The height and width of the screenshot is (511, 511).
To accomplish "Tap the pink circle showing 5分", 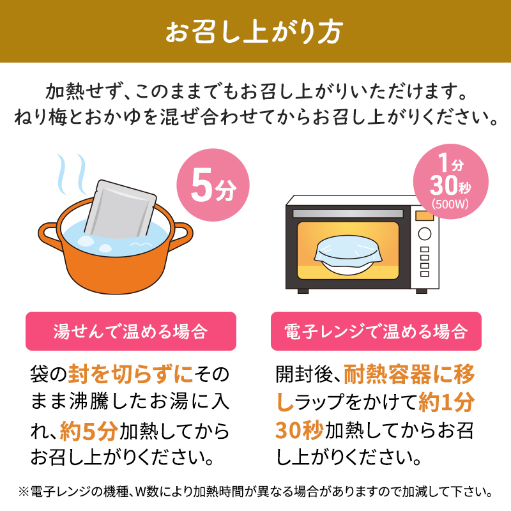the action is pos(213,185).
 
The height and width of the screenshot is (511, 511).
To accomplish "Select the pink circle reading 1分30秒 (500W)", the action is pos(451,181).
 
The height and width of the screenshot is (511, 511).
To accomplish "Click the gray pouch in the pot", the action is pos(121,210).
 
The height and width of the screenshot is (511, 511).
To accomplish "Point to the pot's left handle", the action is pos(49,234).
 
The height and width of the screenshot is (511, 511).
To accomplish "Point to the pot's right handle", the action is pos(181,235).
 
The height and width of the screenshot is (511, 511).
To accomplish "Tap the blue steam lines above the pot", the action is pos(72,174).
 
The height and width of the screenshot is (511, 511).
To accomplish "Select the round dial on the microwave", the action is pos(425,234).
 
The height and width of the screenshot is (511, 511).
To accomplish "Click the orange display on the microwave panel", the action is pos(424,215).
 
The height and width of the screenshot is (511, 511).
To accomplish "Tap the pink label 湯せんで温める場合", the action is pos(131,332).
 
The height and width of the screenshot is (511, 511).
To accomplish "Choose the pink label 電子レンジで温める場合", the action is pos(376,332).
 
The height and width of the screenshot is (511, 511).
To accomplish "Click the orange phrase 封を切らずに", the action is pos(130,374).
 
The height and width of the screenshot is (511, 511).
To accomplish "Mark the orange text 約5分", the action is pos(89,431).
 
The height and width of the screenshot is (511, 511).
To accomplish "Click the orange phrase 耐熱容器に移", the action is pos(409,374).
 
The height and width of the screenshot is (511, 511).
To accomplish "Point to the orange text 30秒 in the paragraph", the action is pos(299,430).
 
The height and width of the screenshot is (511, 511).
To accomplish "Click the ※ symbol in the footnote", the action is pos(24,491).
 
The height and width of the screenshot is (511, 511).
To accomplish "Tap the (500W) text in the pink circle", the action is pos(450,204).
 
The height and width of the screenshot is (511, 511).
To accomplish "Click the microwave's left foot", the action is pos(303,291).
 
